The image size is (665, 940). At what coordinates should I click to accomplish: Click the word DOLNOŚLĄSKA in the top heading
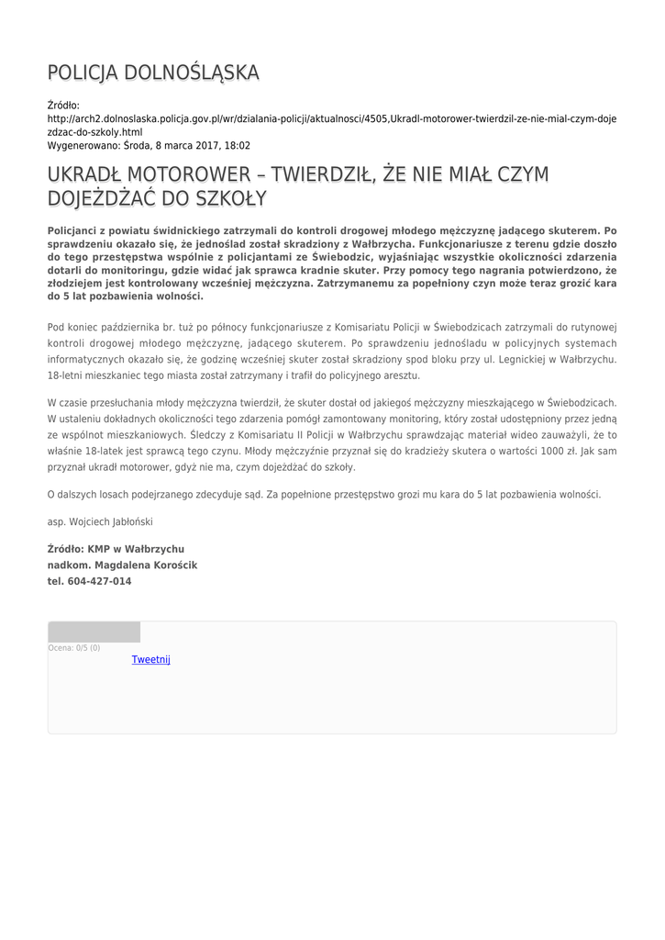(192, 73)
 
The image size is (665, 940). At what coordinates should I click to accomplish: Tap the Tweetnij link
(151, 659)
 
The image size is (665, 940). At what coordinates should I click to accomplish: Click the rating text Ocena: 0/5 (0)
(74, 648)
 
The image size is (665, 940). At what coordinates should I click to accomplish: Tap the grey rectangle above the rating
(94, 632)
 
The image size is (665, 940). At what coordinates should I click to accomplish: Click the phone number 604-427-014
(99, 581)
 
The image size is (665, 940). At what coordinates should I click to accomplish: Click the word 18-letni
(66, 376)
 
